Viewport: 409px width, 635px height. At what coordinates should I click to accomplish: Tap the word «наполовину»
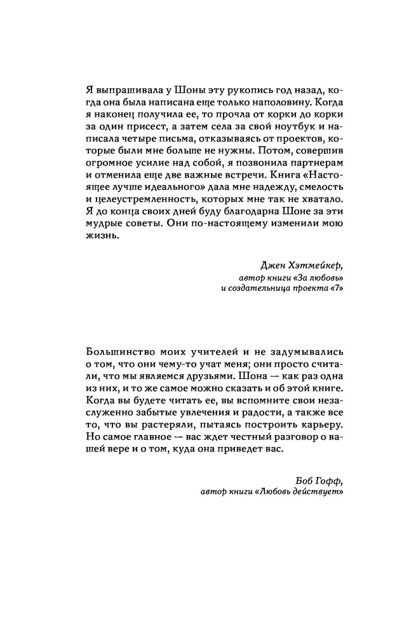(263, 105)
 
